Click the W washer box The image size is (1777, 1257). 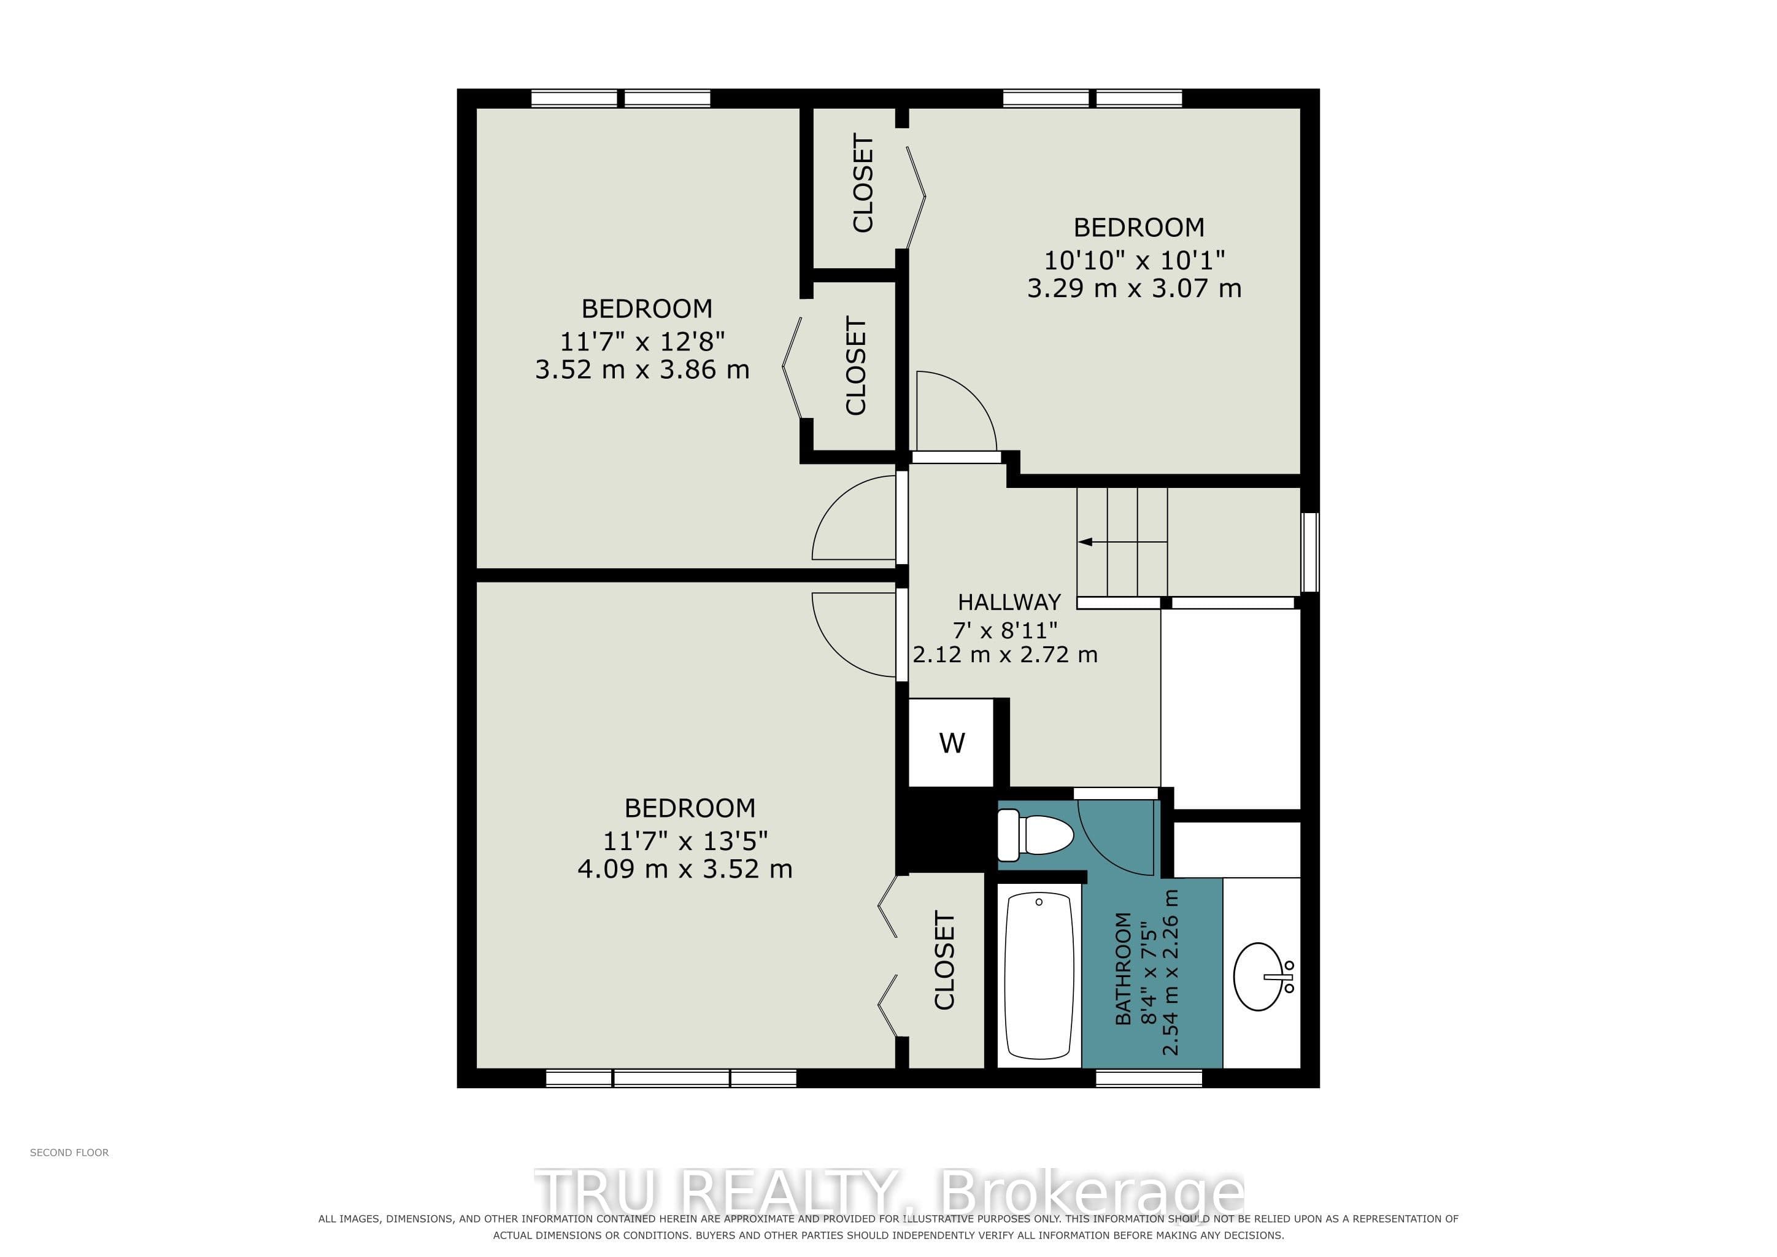click(951, 743)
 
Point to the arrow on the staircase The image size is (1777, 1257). click(1122, 542)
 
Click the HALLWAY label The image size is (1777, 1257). click(1009, 602)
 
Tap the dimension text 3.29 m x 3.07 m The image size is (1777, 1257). click(1134, 288)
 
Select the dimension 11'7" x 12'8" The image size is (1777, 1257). click(642, 341)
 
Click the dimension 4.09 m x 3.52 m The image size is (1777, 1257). click(685, 869)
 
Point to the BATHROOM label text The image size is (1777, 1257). click(1123, 969)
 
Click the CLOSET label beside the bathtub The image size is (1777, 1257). click(944, 960)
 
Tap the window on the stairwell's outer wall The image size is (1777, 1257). click(1309, 552)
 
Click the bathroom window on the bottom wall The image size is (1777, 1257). click(1149, 1078)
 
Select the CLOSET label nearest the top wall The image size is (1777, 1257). click(863, 183)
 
